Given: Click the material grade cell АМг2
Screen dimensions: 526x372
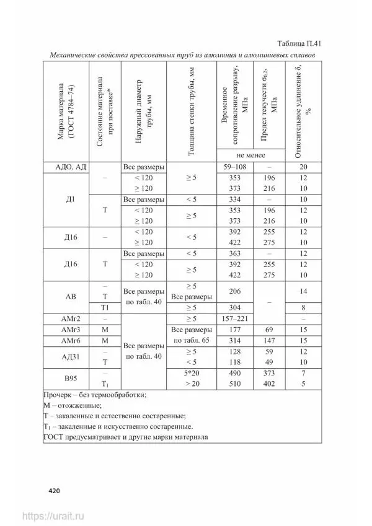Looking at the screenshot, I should (x=69, y=318).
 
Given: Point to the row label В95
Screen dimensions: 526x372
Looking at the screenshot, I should (x=69, y=379).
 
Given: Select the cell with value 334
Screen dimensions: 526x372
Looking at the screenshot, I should (x=235, y=199).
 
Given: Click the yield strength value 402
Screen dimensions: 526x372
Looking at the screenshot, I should (x=269, y=384).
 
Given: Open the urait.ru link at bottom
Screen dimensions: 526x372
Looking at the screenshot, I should (x=53, y=515).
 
